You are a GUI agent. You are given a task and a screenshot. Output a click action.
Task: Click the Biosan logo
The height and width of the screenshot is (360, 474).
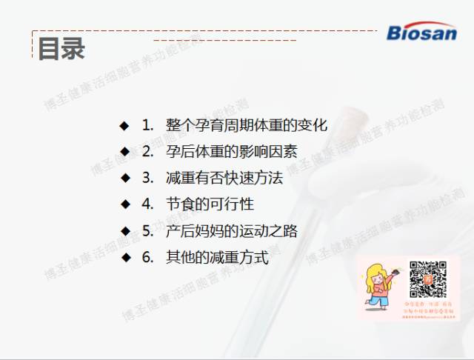(x=421, y=32)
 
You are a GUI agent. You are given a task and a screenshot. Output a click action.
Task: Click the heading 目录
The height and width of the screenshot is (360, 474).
(x=61, y=48)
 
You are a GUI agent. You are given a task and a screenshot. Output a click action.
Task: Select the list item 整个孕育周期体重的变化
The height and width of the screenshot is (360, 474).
(x=246, y=124)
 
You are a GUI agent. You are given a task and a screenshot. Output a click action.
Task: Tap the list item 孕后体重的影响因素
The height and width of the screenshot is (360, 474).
(x=231, y=151)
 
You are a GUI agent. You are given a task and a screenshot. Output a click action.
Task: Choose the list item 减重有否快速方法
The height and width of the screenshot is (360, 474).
(x=224, y=178)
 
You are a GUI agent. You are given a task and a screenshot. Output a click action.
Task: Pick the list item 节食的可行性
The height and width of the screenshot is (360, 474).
(x=210, y=204)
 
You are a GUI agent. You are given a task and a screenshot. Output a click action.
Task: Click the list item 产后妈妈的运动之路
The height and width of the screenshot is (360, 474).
(x=231, y=231)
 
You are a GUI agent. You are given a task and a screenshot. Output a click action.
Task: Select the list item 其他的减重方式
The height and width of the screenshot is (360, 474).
(x=217, y=258)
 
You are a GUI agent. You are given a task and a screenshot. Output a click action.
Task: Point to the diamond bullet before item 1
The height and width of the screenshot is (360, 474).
(x=125, y=124)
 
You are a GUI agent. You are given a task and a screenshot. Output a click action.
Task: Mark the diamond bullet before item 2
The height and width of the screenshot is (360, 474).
(x=125, y=151)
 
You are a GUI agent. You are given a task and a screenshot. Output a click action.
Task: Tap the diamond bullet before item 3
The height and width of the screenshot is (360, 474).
(x=125, y=178)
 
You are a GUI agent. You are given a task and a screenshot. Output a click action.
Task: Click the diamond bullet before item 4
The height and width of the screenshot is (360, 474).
(x=125, y=204)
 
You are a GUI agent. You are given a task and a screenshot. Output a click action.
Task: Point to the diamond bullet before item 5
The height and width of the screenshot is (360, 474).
(x=125, y=231)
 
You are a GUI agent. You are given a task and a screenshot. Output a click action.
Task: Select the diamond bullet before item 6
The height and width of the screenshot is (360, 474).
(x=125, y=258)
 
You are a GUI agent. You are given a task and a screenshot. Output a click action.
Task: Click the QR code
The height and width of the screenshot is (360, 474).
(x=428, y=279)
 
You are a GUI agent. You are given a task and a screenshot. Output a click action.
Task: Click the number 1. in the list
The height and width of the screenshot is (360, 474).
(x=148, y=124)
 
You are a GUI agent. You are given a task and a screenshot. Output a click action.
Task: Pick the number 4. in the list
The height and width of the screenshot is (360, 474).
(x=148, y=204)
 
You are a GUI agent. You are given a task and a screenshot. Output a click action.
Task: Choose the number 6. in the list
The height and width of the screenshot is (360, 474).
(x=148, y=258)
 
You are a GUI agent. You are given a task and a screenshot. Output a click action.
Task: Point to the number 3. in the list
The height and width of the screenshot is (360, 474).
(x=148, y=178)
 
